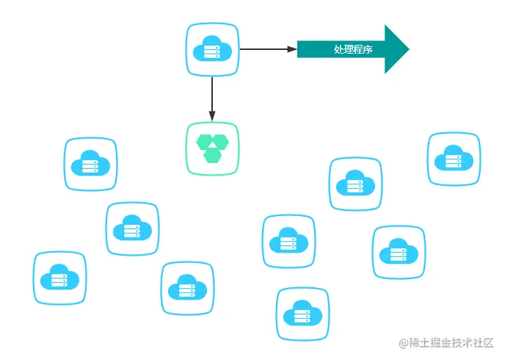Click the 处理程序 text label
pos(353,49)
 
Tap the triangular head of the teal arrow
pos(396,49)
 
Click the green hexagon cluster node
pos(213,148)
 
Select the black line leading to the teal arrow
pos(269,49)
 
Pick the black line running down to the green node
pos(212,99)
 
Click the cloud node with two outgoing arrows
pos(213,49)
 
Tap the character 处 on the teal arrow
pos(338,49)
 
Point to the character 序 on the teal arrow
pos(368,49)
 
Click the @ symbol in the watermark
pos(404,343)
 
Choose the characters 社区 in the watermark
pos(483,342)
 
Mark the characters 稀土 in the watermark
pos(420,342)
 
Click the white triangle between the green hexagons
pos(213,145)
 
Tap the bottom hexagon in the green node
pos(213,155)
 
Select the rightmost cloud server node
pos(454,159)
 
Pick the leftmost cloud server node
pos(60,278)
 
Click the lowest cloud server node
pos(302,314)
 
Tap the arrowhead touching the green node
pos(212,116)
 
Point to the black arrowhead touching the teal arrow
pos(292,49)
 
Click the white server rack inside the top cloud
pos(212,51)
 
